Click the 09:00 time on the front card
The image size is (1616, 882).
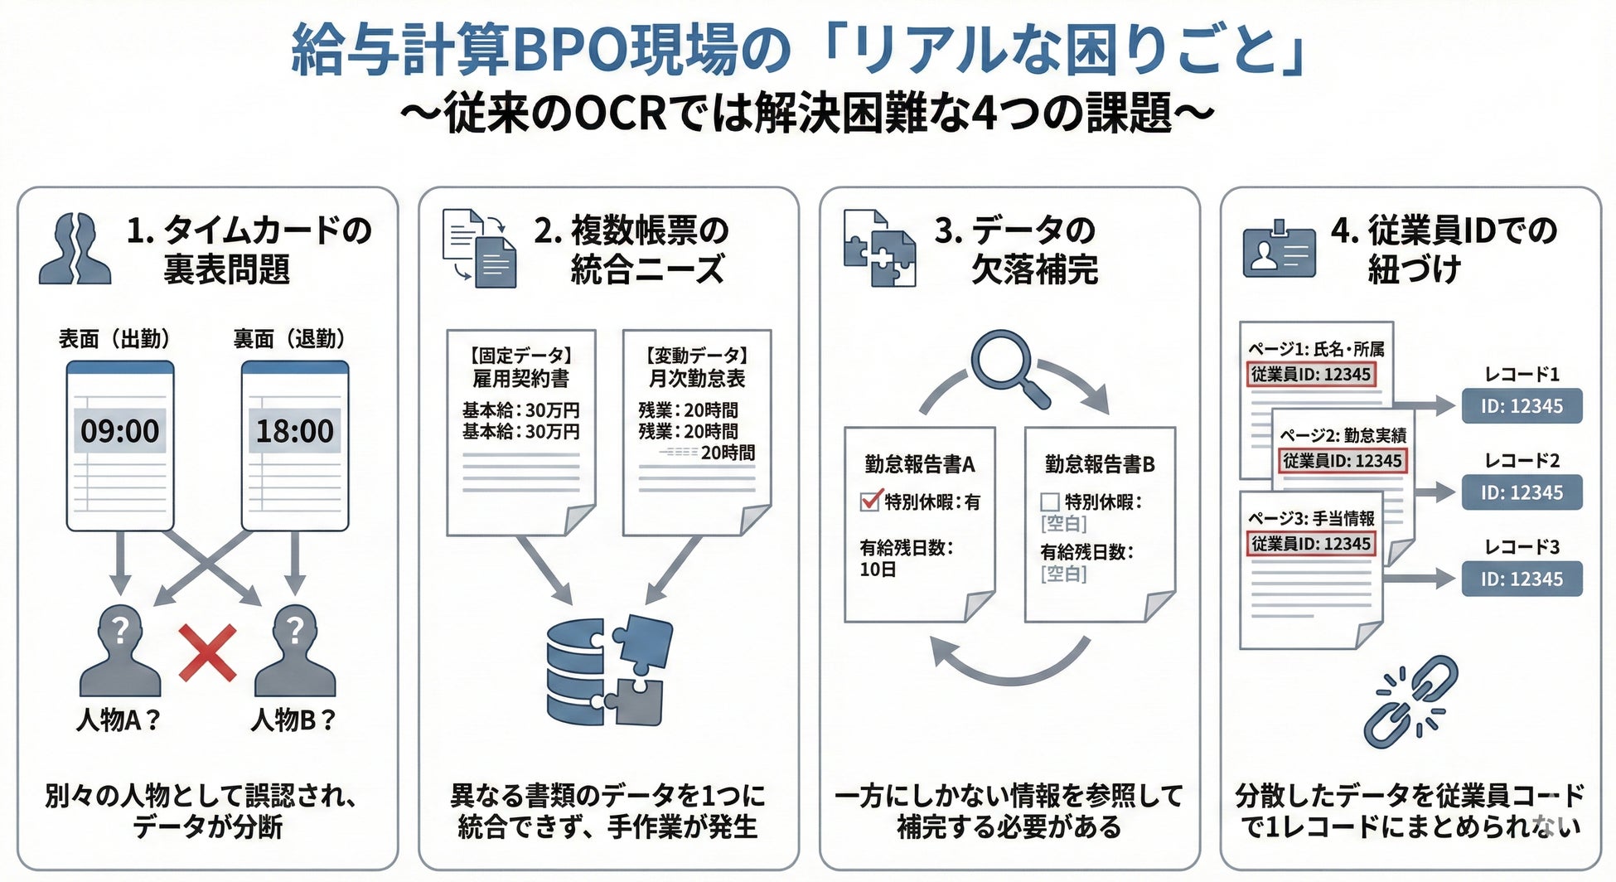[x=119, y=431]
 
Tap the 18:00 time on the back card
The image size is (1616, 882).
[x=294, y=431]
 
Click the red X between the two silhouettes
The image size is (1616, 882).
[x=207, y=652]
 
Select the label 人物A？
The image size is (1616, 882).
[x=118, y=720]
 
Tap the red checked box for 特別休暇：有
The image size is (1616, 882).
[x=870, y=501]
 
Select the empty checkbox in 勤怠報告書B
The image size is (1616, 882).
[x=1050, y=502]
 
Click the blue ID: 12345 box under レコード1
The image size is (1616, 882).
[x=1522, y=406]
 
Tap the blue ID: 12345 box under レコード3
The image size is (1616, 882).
[x=1522, y=579]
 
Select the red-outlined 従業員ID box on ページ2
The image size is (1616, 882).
[x=1342, y=461]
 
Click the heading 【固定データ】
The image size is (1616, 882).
[x=521, y=356]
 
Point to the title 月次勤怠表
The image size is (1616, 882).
[x=697, y=379]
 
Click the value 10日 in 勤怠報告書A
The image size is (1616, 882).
[x=878, y=569]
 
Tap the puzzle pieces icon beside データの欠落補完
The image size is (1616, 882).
[x=879, y=249]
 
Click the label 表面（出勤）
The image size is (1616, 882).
[x=114, y=339]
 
